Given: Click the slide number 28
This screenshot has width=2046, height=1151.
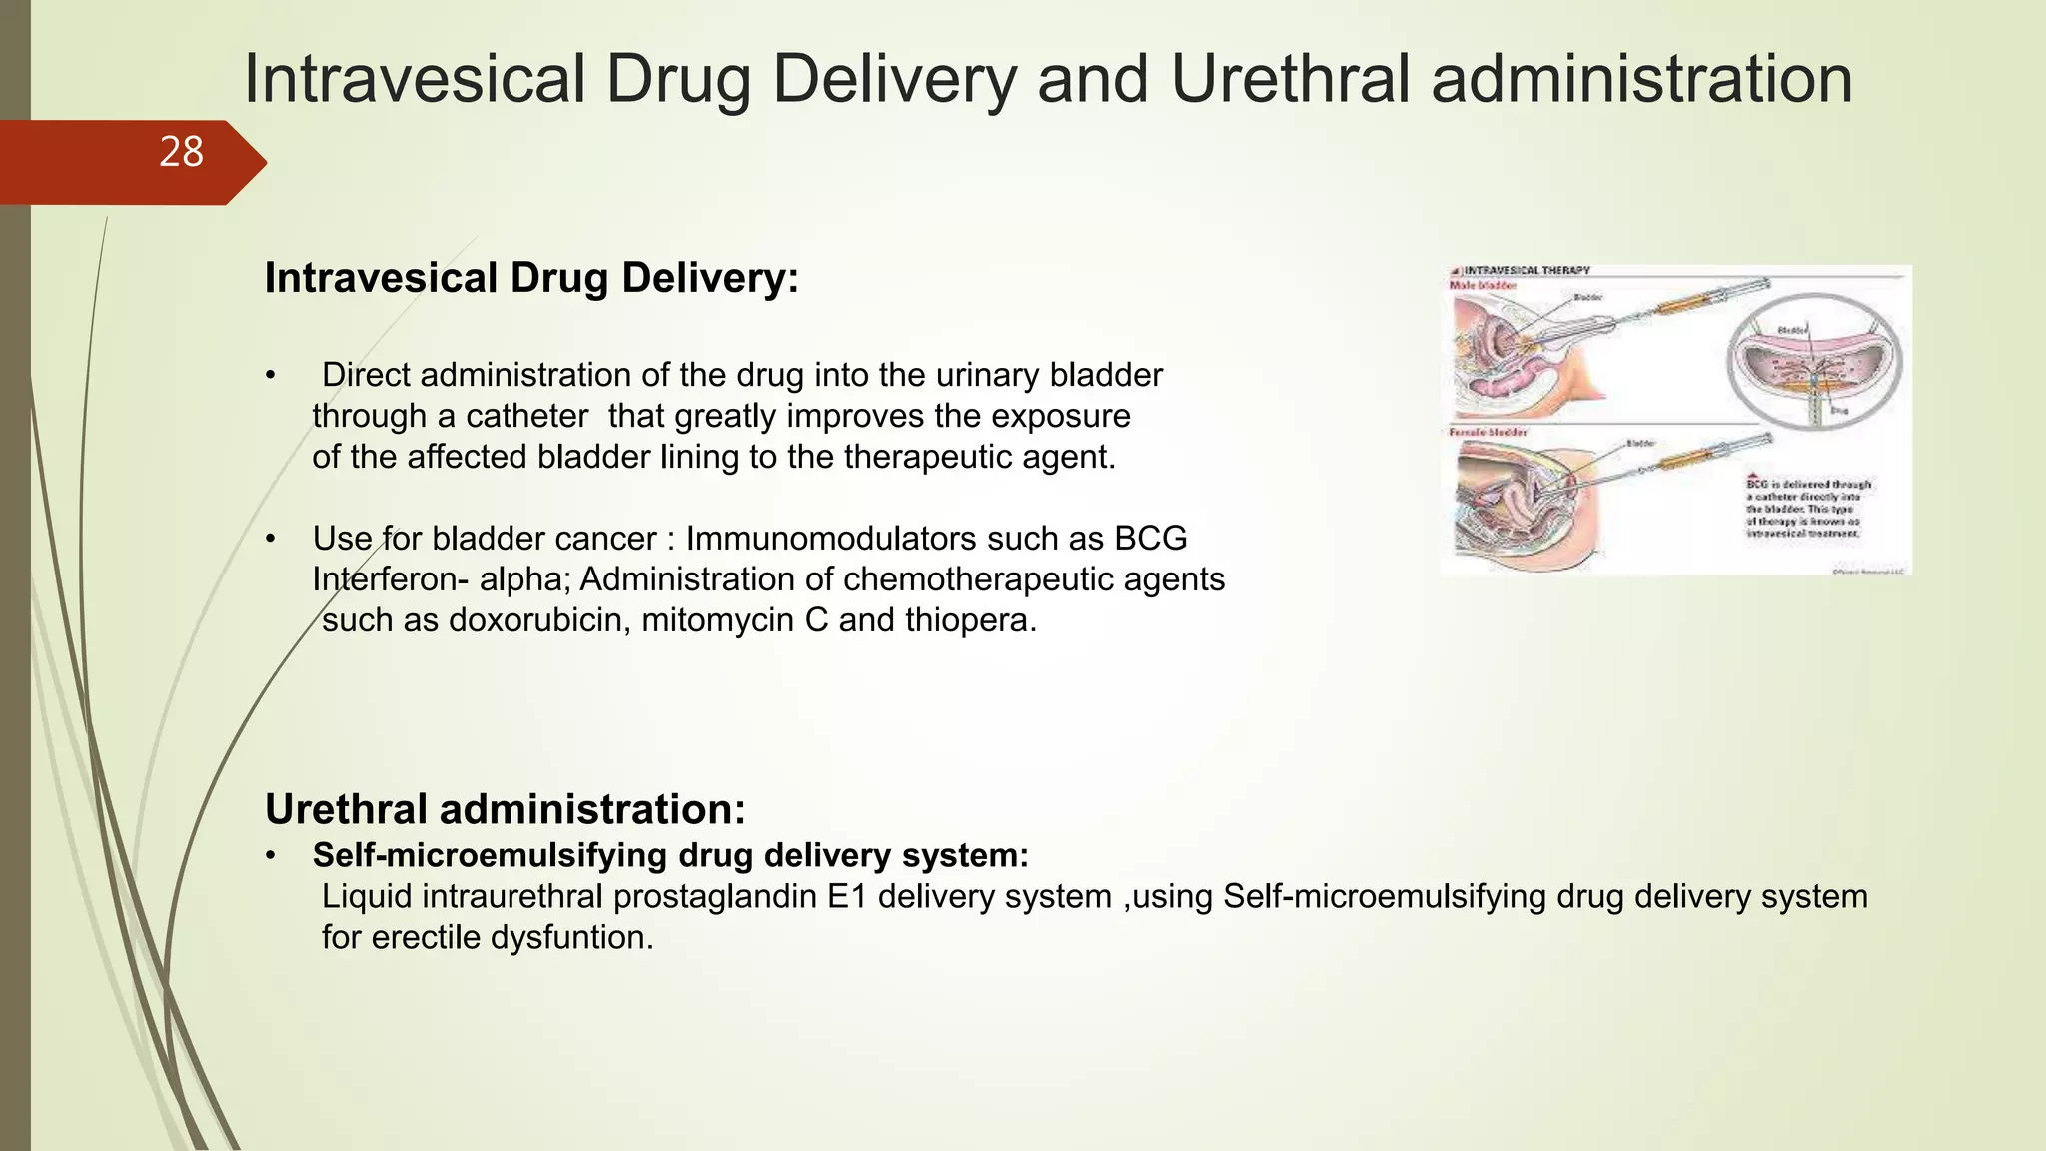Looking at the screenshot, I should [x=181, y=153].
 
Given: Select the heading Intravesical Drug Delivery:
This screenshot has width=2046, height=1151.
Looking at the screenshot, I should [x=531, y=278].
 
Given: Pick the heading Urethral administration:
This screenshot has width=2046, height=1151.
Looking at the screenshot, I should [x=506, y=809].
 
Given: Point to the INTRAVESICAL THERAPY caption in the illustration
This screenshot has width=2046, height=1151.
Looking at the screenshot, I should [x=1527, y=271].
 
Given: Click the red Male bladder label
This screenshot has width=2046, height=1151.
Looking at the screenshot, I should [x=1483, y=286].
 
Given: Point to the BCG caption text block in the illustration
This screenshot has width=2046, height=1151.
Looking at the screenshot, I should [x=1808, y=508].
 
